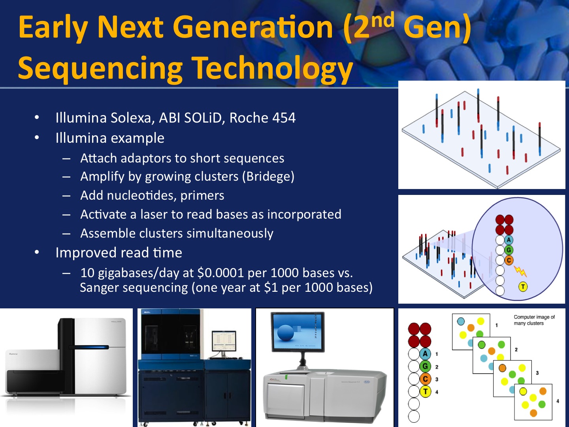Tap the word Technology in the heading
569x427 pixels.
pos(272,68)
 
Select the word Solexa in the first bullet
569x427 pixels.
pos(132,118)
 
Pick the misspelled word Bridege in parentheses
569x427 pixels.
pos(268,177)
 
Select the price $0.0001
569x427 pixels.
pos(220,273)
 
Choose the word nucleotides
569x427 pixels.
pos(141,195)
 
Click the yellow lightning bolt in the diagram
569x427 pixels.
pos(520,271)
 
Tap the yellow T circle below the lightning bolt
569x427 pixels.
pos(523,287)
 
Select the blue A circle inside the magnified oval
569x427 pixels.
pos(509,240)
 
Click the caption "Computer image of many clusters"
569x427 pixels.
pos(534,320)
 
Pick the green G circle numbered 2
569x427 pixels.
pos(425,367)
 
